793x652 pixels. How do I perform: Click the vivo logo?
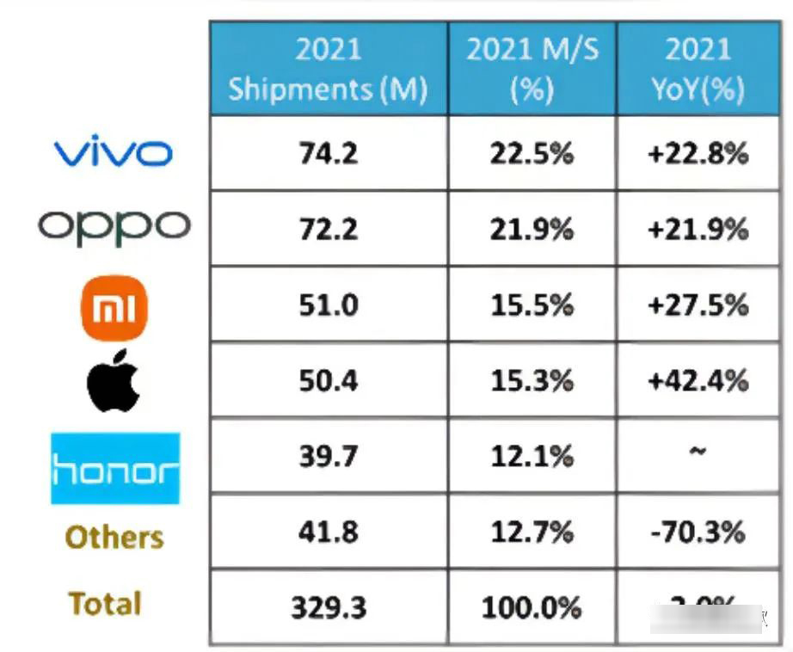(114, 153)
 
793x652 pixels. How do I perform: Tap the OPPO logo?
(114, 226)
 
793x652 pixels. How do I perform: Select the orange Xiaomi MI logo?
(114, 307)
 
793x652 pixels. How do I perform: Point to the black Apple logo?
(113, 380)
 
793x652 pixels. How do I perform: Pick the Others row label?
(114, 538)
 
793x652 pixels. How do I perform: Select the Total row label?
(105, 604)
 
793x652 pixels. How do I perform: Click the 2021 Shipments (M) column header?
(328, 69)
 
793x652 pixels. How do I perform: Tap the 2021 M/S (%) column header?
(532, 69)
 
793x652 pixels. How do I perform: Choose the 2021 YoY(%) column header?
(698, 69)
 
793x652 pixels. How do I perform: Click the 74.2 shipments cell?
(329, 153)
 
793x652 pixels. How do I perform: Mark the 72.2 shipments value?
(329, 229)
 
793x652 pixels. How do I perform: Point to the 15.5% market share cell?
(532, 304)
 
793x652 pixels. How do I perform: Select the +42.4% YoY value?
(698, 380)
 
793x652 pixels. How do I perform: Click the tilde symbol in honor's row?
(698, 452)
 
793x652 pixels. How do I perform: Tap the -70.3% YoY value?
(698, 532)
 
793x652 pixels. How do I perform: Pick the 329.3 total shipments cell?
(329, 607)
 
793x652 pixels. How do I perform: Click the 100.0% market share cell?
(532, 607)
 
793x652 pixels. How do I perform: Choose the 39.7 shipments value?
(329, 456)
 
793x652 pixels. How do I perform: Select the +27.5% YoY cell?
(698, 304)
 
